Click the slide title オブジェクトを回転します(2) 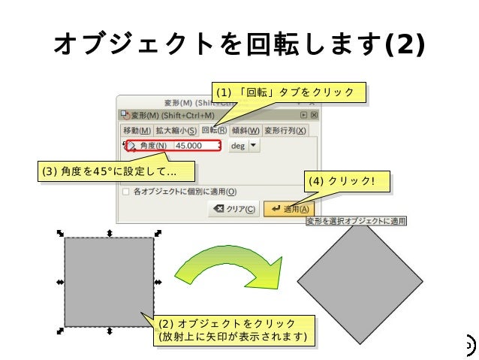pos(239,45)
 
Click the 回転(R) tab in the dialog pos(213,131)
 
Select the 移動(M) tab pos(137,131)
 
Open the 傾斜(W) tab pos(246,131)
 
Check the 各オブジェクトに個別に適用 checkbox pos(125,192)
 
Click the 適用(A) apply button pos(289,209)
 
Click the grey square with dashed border pos(109,282)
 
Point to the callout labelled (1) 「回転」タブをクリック pos(288,92)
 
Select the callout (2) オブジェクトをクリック pos(232,331)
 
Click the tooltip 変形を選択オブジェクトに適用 pos(356,221)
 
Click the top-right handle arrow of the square pos(158,234)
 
